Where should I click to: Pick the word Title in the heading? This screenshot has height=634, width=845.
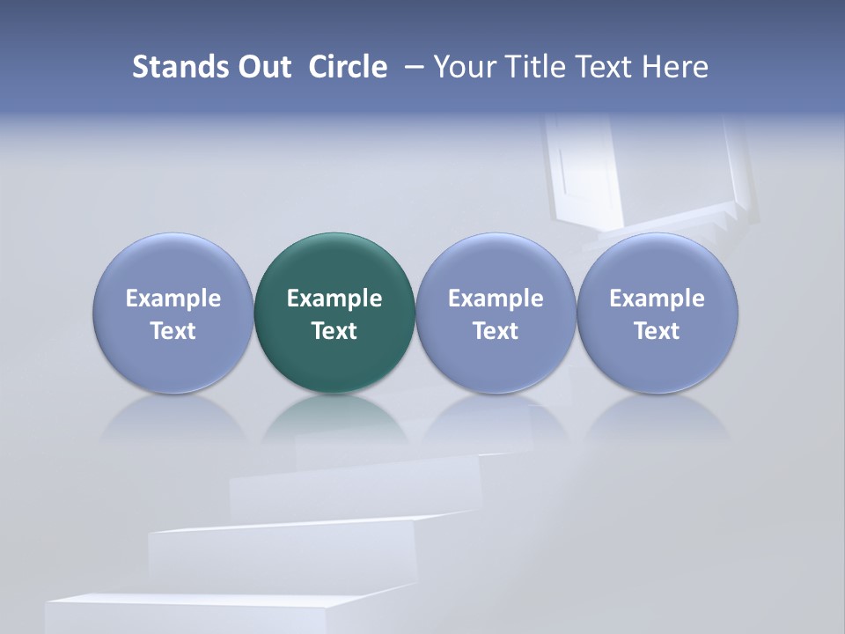(x=532, y=67)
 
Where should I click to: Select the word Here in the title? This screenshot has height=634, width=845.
(x=676, y=67)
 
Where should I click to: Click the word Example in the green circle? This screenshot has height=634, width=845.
(x=334, y=299)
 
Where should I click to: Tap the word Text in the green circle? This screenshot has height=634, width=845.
(x=334, y=331)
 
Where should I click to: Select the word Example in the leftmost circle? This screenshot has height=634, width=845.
(x=173, y=299)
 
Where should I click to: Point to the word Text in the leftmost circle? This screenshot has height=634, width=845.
(x=173, y=331)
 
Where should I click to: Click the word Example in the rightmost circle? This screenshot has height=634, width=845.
(x=657, y=299)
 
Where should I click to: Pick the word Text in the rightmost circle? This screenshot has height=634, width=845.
(x=657, y=331)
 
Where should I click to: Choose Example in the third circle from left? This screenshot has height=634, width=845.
(x=496, y=299)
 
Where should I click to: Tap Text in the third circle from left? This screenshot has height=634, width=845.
(x=496, y=331)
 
